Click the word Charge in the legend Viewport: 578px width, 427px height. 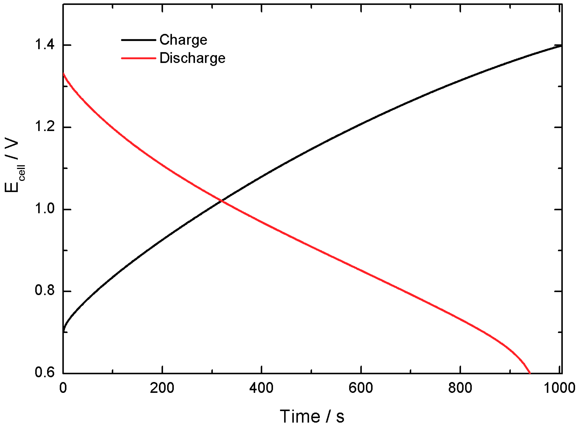click(x=183, y=40)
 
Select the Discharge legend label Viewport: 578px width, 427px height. click(x=192, y=58)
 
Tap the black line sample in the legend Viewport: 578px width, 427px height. click(x=138, y=40)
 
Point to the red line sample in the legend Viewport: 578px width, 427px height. click(x=138, y=58)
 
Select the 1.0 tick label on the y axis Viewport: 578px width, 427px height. click(x=45, y=209)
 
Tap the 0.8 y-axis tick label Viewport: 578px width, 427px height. click(x=45, y=291)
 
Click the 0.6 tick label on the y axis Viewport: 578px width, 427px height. click(x=45, y=373)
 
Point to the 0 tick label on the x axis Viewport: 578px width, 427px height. click(x=63, y=388)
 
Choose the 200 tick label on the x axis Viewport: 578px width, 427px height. click(x=162, y=388)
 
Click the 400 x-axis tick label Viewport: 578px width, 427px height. click(x=261, y=388)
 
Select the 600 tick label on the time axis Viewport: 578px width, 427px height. click(x=360, y=388)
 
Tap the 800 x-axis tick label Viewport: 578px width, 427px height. click(x=460, y=388)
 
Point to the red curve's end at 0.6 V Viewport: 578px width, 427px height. click(x=530, y=373)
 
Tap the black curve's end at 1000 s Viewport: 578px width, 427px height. click(x=561, y=46)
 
